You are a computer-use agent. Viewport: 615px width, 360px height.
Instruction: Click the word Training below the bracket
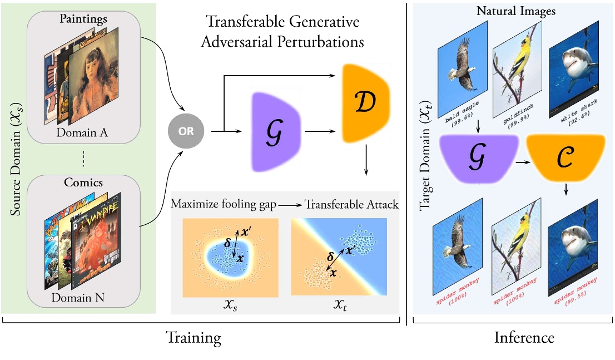195,338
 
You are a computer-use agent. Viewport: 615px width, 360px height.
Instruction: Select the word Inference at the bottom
524,338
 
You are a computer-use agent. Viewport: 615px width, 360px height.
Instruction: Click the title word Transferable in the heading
243,22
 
